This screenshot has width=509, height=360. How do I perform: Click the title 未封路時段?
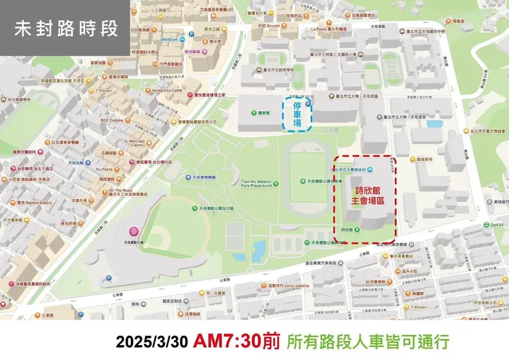(66, 29)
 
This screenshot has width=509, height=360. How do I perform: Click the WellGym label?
(169, 40)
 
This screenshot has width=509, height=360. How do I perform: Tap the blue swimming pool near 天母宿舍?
(434, 123)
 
